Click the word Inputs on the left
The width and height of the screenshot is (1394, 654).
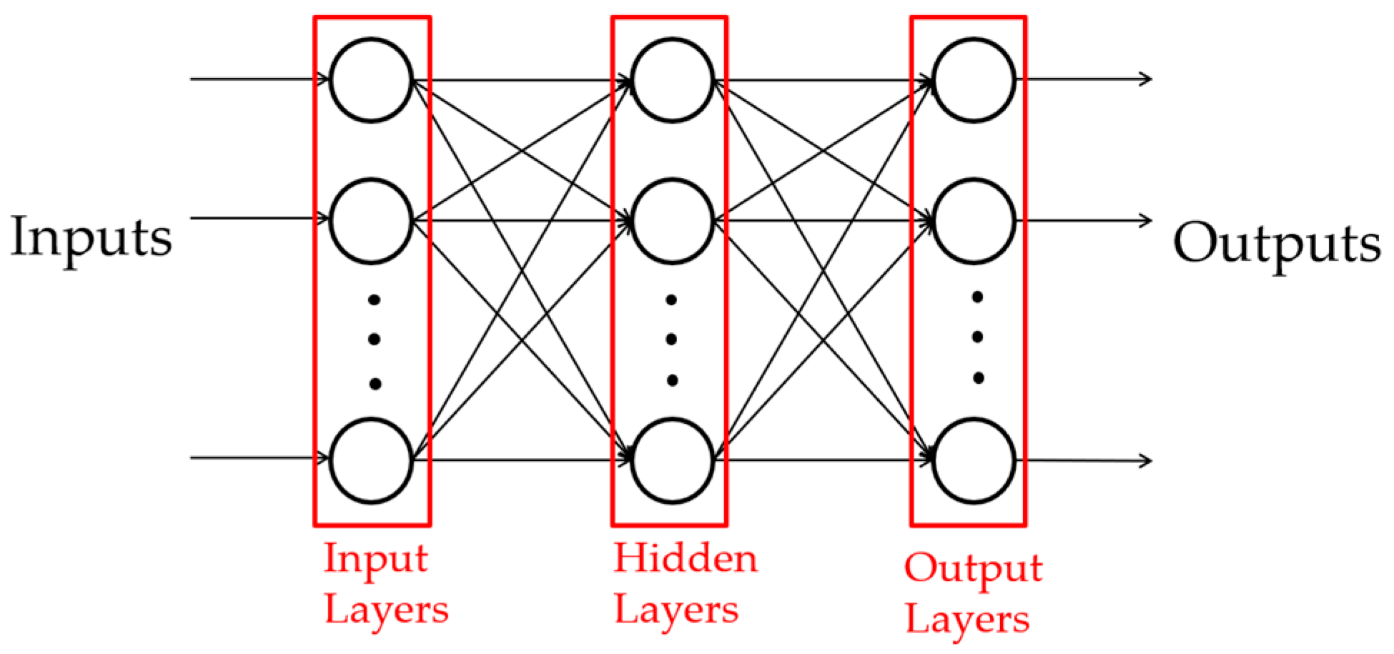coord(92,238)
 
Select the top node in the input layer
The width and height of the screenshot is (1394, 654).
coord(372,80)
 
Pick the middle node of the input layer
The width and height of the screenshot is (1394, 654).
coord(372,221)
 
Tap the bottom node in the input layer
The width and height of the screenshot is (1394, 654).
coord(372,460)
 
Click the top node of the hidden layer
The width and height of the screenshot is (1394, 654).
coord(672,80)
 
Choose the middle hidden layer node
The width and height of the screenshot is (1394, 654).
coord(672,221)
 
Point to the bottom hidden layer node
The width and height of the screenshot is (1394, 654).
coord(672,460)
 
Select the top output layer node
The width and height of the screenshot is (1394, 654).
coord(974,80)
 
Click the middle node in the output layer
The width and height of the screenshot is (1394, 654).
coord(974,221)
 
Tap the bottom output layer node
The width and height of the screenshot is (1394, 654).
coord(974,460)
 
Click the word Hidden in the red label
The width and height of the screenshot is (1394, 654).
coord(685,558)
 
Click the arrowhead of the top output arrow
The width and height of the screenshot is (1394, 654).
coord(1147,79)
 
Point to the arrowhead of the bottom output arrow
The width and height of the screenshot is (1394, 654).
coord(1147,461)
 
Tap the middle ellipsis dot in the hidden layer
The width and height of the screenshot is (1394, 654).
coord(671,339)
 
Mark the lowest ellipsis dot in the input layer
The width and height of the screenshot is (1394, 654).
coord(375,384)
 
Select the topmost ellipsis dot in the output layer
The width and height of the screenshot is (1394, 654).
coord(977,297)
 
